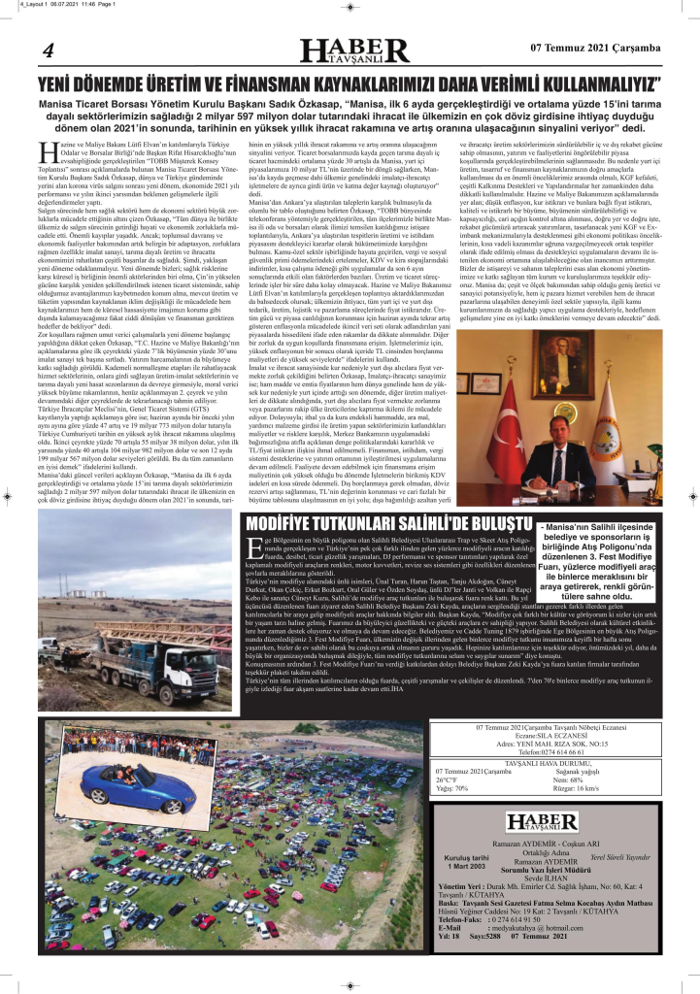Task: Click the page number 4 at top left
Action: coord(46,51)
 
